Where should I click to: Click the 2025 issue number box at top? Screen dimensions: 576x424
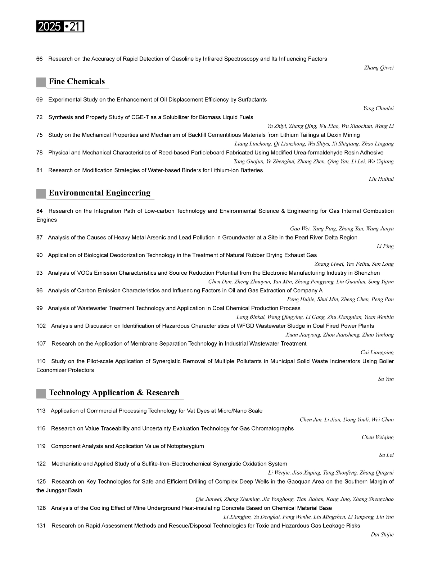click(60, 27)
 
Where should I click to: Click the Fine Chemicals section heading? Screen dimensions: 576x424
click(77, 81)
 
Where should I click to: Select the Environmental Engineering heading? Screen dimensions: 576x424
click(99, 193)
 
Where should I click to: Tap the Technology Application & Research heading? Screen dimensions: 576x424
click(114, 393)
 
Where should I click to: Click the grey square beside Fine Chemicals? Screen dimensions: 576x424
click(41, 82)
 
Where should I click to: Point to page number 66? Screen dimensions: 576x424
click(40, 59)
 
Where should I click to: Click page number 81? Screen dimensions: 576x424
click(40, 170)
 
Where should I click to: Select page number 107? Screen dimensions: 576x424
click(41, 343)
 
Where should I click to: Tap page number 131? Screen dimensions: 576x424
click(41, 526)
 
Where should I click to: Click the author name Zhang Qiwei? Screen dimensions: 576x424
click(379, 68)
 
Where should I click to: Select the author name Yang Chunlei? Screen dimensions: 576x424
click(378, 108)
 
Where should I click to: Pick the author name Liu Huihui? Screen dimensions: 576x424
click(381, 179)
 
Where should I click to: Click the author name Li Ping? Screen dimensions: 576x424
click(385, 246)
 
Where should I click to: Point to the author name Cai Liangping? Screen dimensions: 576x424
click(377, 352)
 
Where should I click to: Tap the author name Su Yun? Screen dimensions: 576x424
click(386, 379)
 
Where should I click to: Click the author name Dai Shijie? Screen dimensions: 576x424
click(382, 535)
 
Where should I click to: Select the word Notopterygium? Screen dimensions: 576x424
click(185, 446)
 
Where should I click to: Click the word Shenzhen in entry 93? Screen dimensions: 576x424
click(367, 273)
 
